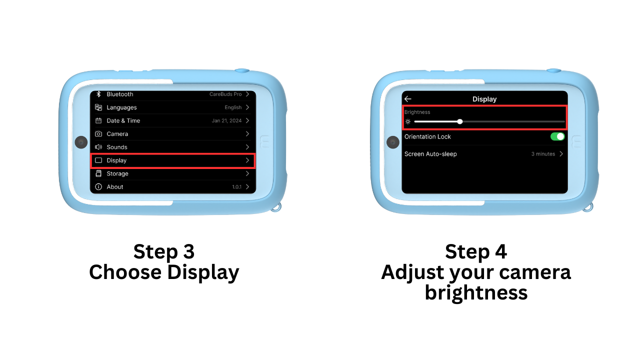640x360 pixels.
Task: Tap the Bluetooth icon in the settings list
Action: coord(98,94)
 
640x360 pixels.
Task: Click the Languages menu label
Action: coord(121,107)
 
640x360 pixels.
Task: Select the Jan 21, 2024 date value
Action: coord(226,120)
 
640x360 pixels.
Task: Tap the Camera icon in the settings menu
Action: coord(98,133)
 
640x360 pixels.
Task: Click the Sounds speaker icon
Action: coord(98,147)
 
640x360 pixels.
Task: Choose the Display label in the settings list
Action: coord(116,160)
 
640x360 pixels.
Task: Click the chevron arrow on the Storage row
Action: coord(247,173)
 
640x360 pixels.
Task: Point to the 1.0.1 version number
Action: coord(236,187)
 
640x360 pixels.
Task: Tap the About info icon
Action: coord(98,187)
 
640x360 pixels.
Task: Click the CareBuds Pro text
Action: coord(225,94)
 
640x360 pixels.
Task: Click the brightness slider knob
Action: coord(459,121)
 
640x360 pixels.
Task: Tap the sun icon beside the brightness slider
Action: coord(408,121)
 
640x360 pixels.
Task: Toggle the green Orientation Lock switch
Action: coord(557,136)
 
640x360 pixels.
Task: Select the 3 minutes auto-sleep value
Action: coord(543,154)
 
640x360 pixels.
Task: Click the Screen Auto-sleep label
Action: coord(430,154)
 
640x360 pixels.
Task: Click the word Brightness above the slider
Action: coord(417,112)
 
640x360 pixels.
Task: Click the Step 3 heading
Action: coord(164,251)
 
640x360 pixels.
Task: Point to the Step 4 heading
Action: coord(476,251)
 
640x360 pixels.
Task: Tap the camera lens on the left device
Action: coord(81,142)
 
